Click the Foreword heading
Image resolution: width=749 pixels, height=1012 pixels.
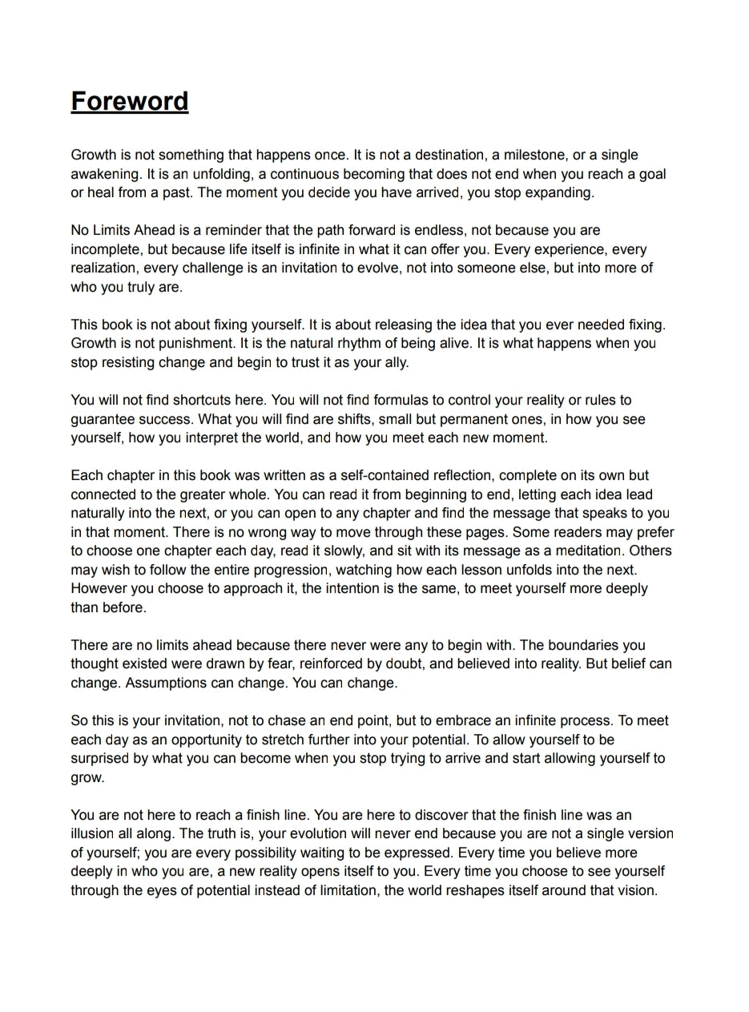coord(130,102)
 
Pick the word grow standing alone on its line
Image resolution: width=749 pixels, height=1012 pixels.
coord(87,777)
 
